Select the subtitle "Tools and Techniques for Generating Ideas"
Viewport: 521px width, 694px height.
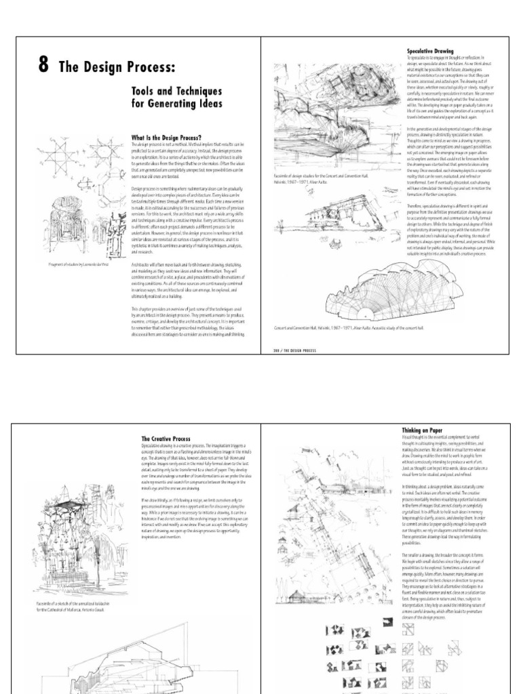[176, 97]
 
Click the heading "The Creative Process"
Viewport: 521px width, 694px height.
[166, 439]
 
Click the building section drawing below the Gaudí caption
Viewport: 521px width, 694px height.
[136, 657]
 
